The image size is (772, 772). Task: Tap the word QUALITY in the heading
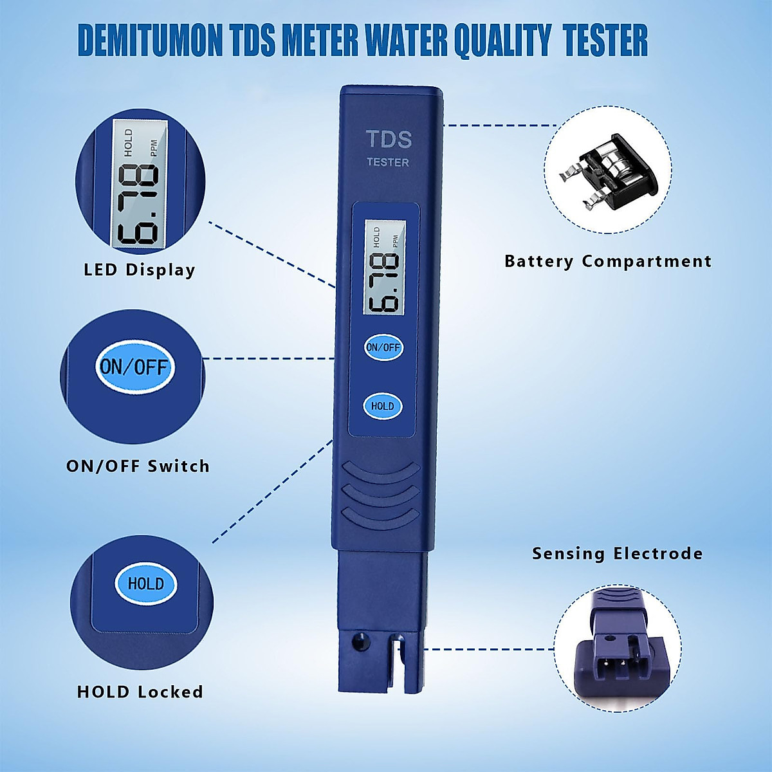(502, 41)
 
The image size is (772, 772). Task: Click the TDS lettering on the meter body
(388, 139)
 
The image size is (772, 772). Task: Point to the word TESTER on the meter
(388, 162)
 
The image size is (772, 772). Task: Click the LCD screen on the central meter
(385, 268)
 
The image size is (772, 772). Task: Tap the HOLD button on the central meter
(383, 406)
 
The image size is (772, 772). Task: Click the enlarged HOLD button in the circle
(145, 584)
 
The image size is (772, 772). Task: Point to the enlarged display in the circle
(138, 185)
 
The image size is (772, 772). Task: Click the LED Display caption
(140, 270)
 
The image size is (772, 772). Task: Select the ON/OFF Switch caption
(138, 466)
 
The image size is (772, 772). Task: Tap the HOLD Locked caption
(140, 692)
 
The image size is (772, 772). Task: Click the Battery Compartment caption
(608, 261)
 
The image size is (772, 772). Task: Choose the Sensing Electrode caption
(617, 553)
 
